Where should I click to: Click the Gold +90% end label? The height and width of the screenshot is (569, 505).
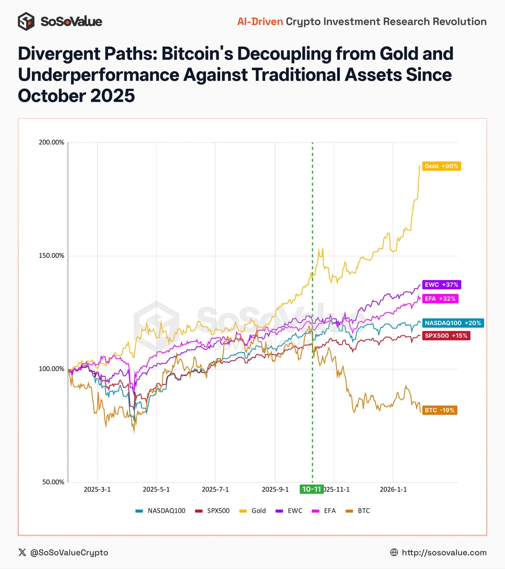pyautogui.click(x=441, y=166)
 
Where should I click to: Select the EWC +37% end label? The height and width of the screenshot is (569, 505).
pyautogui.click(x=441, y=285)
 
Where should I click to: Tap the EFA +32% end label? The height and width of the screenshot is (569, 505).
pyautogui.click(x=440, y=299)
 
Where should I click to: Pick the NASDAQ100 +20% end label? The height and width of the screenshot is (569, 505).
pyautogui.click(x=453, y=323)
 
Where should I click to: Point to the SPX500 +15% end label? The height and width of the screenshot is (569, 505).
pyautogui.click(x=446, y=336)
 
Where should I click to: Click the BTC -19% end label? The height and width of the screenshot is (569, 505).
pyautogui.click(x=439, y=410)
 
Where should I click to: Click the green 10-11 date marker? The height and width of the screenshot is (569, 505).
pyautogui.click(x=311, y=489)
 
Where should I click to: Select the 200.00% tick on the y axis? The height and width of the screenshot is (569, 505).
pyautogui.click(x=51, y=142)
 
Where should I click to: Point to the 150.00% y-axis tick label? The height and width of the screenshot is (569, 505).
pyautogui.click(x=51, y=256)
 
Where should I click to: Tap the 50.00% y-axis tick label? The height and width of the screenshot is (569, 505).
pyautogui.click(x=53, y=482)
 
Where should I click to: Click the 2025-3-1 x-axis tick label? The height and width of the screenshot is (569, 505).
pyautogui.click(x=97, y=489)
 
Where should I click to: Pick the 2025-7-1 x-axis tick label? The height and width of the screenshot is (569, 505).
pyautogui.click(x=215, y=489)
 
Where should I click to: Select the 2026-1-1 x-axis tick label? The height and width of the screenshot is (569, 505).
pyautogui.click(x=393, y=489)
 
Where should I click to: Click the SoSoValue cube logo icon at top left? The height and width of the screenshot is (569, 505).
pyautogui.click(x=26, y=21)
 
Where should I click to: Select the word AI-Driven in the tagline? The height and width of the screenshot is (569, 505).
pyautogui.click(x=260, y=21)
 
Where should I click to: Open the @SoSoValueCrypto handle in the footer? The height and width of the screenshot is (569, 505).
pyautogui.click(x=69, y=553)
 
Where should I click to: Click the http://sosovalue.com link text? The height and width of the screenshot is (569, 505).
pyautogui.click(x=444, y=553)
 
